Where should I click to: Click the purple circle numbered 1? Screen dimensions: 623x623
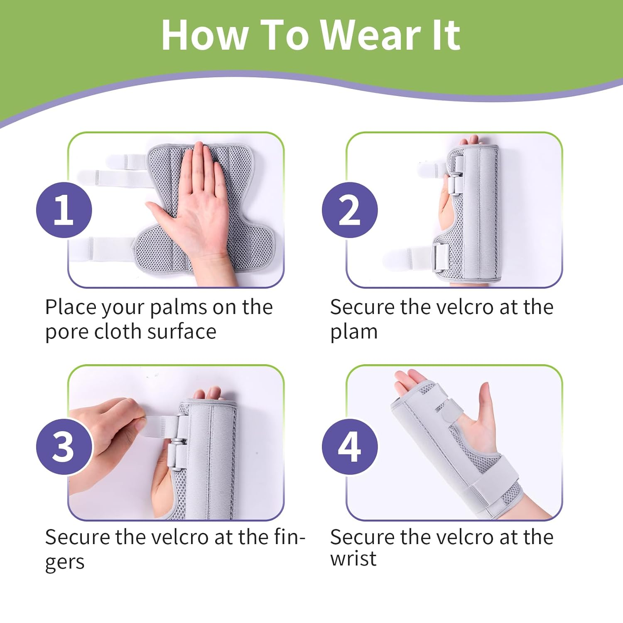64,210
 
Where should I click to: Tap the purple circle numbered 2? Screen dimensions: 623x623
350,210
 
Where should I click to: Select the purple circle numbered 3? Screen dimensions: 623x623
64,446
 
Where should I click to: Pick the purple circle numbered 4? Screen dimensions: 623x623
350,446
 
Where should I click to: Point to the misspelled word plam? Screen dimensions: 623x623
354,332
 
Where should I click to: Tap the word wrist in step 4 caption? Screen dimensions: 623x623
353,559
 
